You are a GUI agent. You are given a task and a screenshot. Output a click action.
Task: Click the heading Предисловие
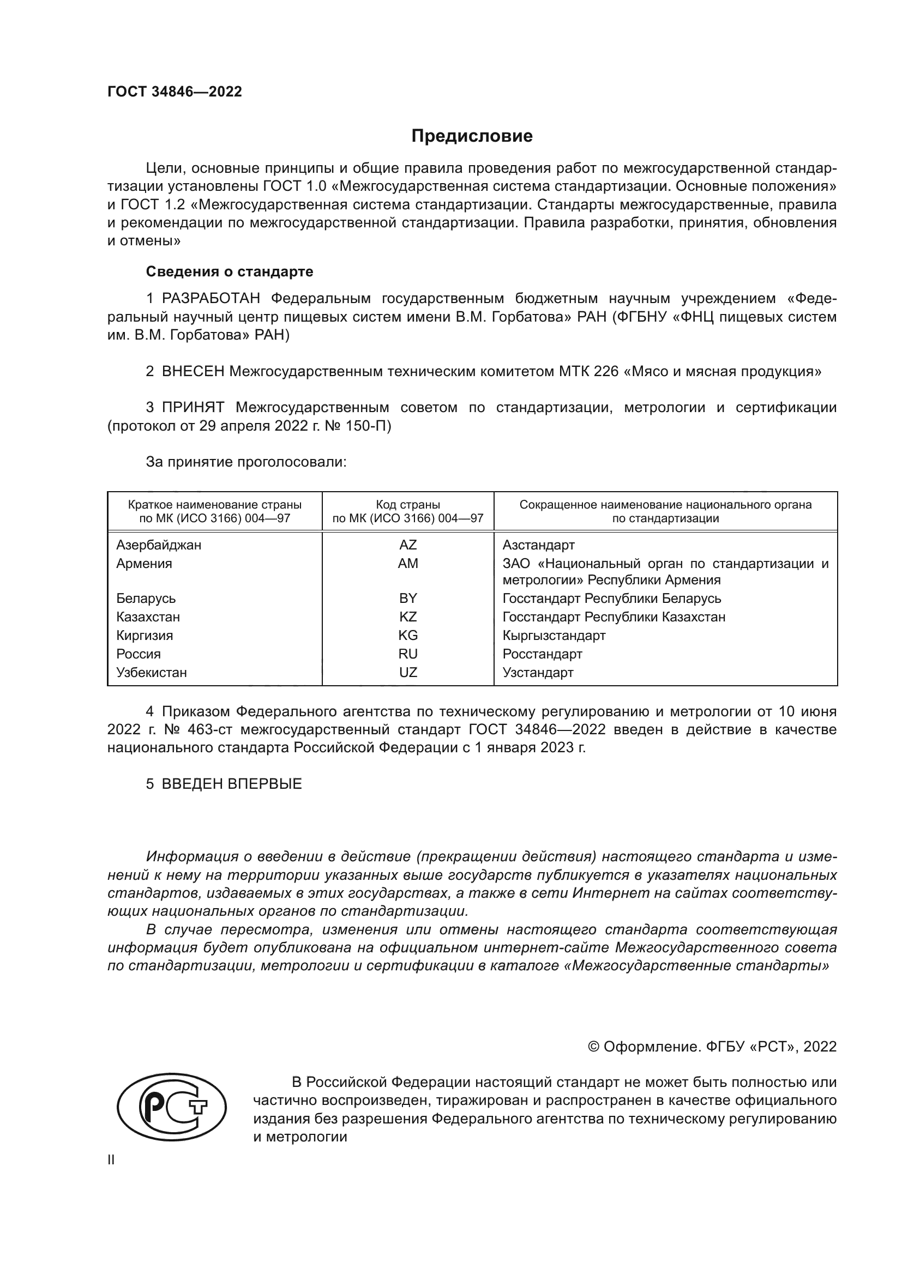tap(472, 136)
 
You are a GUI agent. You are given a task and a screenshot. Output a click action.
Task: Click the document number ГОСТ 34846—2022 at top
tap(175, 92)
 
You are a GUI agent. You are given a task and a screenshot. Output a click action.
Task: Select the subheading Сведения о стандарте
tap(230, 271)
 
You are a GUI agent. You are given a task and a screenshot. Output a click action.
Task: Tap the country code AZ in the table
tap(408, 545)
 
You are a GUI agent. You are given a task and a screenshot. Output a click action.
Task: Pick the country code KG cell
tap(408, 635)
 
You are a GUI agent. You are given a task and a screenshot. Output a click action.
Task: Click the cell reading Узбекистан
tap(152, 673)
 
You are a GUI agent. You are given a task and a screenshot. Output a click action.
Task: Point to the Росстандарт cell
tap(542, 654)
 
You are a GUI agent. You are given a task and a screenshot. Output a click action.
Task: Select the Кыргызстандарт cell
tap(554, 635)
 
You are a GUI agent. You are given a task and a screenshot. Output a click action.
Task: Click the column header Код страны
tap(408, 505)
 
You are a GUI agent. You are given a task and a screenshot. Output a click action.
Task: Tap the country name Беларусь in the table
tap(146, 599)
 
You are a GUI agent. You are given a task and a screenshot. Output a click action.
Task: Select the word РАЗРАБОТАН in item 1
tap(211, 299)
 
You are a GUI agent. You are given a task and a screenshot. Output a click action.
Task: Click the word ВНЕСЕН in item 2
tap(193, 372)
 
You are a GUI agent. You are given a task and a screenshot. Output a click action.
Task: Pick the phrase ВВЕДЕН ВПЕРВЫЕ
tap(232, 784)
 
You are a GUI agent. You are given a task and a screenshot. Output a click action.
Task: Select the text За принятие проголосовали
tap(246, 462)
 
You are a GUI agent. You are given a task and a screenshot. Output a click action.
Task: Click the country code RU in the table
tap(408, 654)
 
